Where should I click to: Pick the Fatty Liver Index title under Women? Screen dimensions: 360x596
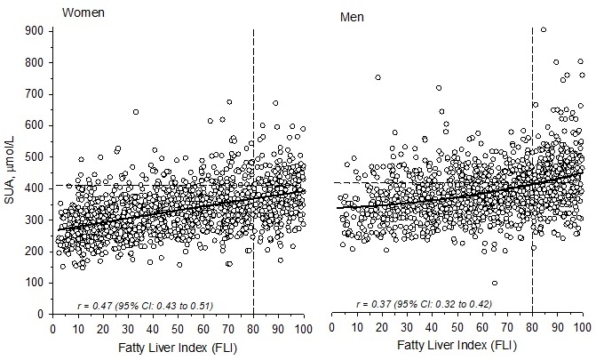(x=178, y=348)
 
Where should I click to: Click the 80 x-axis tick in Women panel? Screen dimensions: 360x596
(x=254, y=327)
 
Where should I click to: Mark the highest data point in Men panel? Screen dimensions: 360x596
(x=544, y=30)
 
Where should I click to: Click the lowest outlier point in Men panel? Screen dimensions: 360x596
(x=494, y=284)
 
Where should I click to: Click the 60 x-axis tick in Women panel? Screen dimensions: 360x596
(x=203, y=327)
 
